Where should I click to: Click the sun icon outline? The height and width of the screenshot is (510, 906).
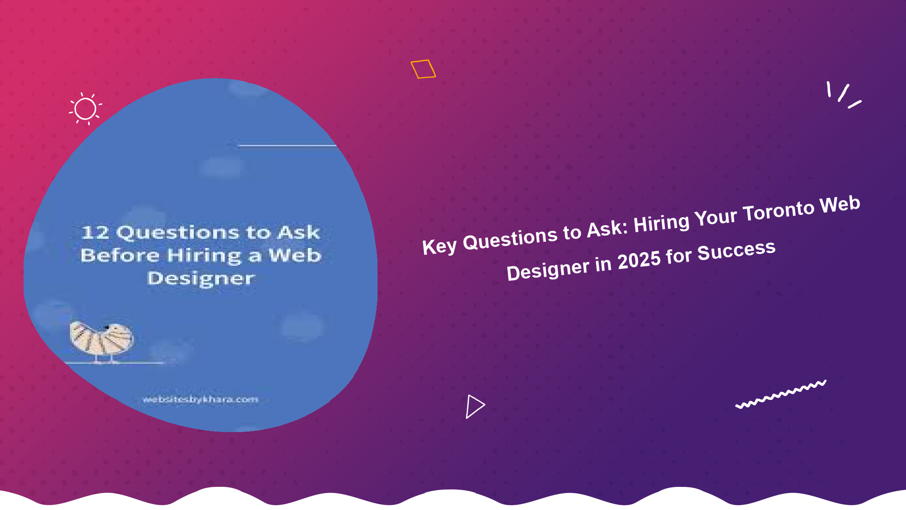click(x=85, y=109)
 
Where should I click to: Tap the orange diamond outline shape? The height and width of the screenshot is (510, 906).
click(x=423, y=69)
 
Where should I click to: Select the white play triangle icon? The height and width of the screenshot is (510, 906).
click(x=475, y=406)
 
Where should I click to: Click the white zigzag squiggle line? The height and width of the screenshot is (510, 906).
click(x=781, y=394)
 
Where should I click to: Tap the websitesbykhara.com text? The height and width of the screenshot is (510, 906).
click(x=201, y=399)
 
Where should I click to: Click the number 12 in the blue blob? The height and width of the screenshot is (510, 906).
click(x=95, y=232)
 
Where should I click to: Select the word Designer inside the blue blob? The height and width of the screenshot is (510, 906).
click(x=201, y=279)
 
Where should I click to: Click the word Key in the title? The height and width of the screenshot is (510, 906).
click(x=439, y=246)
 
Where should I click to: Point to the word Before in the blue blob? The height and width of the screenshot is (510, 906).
click(x=120, y=255)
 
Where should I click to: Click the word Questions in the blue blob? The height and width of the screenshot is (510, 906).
click(x=178, y=232)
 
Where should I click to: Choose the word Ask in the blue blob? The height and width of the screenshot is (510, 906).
click(x=299, y=232)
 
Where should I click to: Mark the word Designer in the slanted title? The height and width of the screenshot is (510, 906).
click(x=547, y=270)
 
